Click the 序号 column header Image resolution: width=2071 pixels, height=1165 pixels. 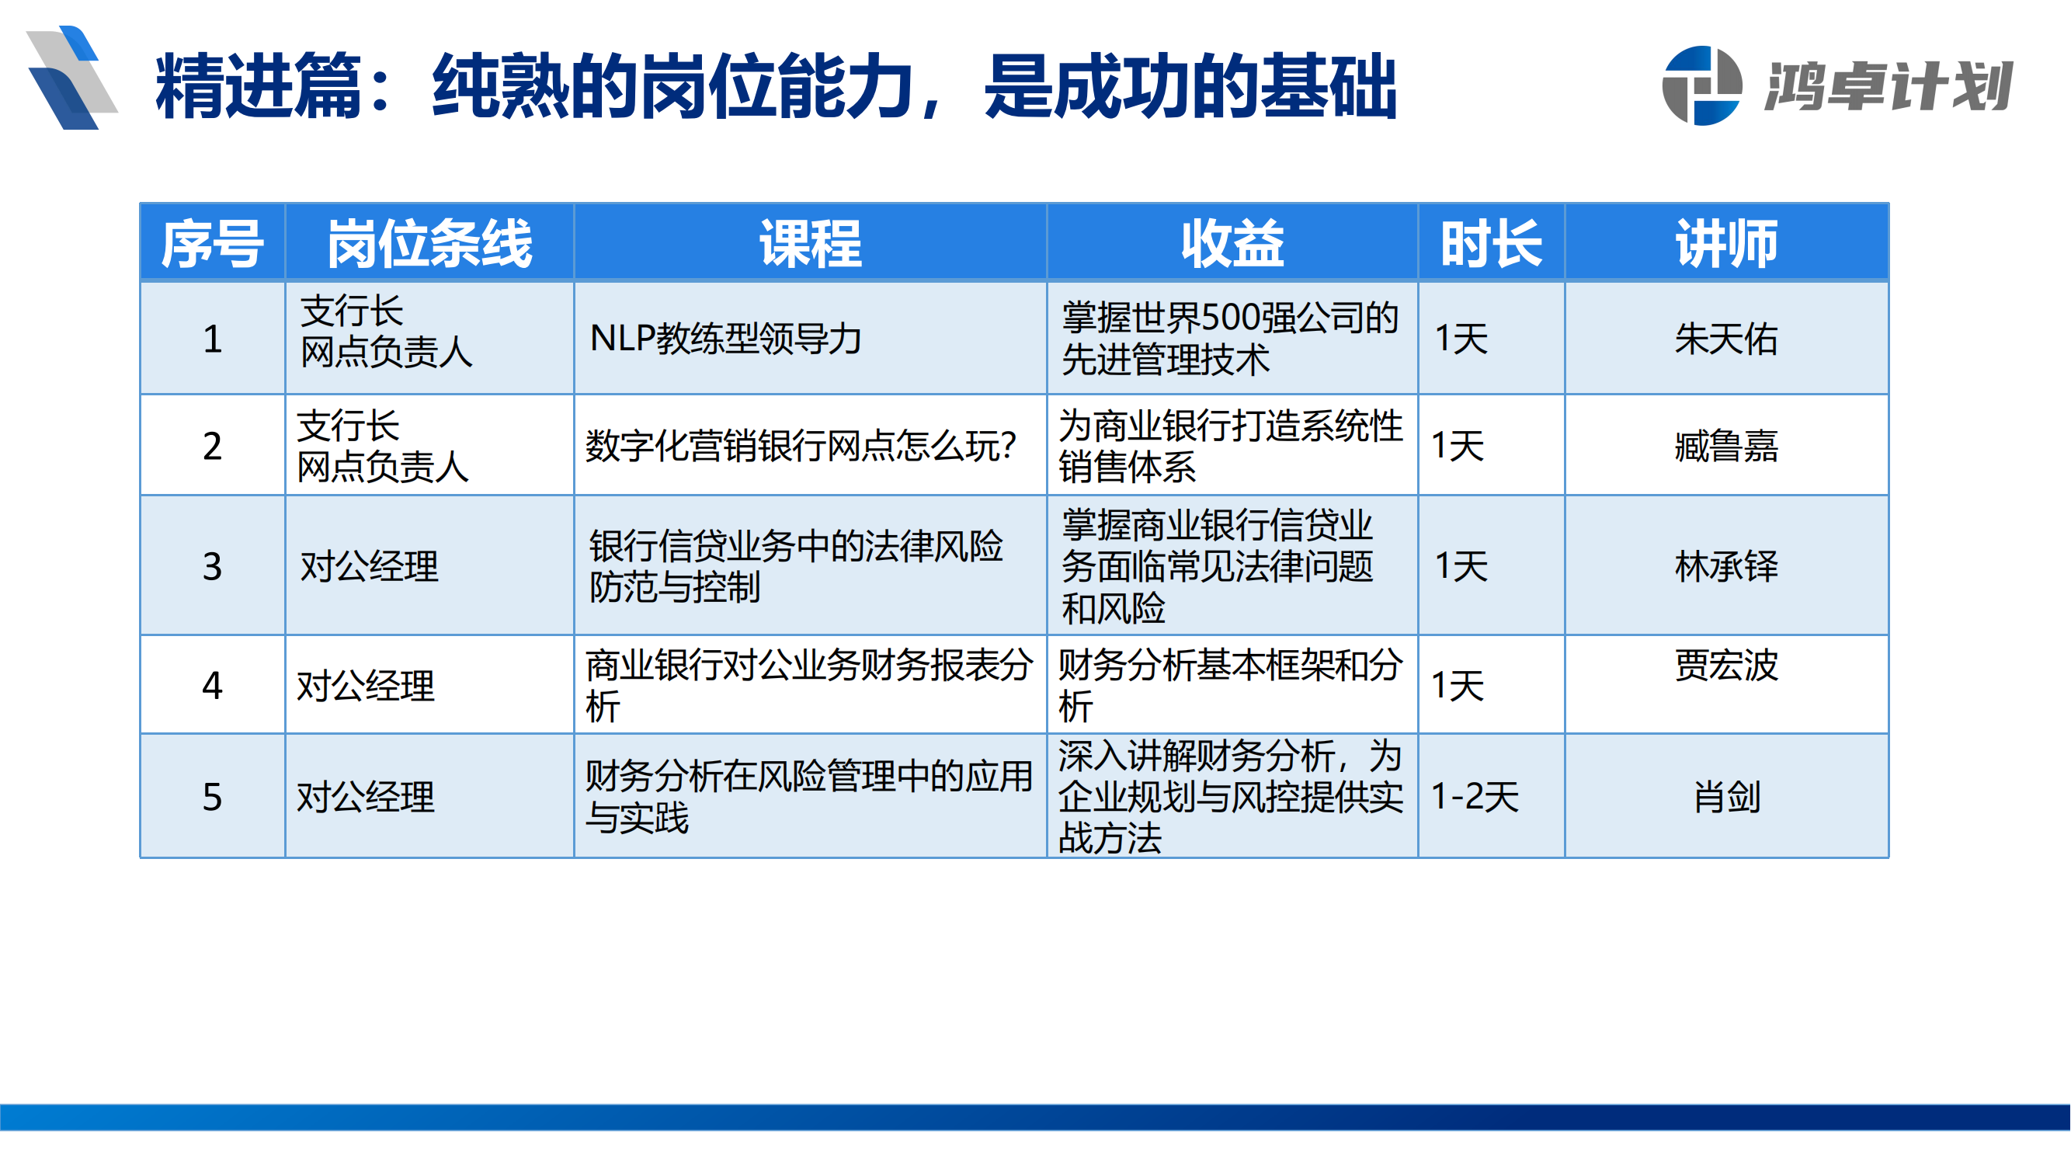tap(212, 244)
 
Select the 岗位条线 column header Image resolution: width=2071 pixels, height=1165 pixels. tap(429, 244)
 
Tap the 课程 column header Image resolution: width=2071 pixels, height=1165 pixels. tap(811, 244)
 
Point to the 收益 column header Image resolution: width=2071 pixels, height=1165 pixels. tap(1232, 244)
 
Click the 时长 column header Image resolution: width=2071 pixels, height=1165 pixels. tap(1492, 244)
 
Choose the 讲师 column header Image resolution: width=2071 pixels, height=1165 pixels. tap(1726, 244)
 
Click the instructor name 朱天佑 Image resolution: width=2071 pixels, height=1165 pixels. tap(1726, 339)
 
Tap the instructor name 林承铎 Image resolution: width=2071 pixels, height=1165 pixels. tap(1726, 566)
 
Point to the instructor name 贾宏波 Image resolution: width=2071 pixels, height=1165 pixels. tap(1726, 666)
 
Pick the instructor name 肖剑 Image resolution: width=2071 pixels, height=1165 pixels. tap(1726, 797)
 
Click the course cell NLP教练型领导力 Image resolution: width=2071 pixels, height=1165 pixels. tap(725, 339)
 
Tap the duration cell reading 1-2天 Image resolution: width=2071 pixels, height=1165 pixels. tap(1475, 797)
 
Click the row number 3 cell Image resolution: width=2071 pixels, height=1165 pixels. tap(212, 566)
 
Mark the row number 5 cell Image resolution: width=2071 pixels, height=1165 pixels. tap(212, 797)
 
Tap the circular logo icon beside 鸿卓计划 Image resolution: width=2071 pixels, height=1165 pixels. tap(1701, 86)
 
